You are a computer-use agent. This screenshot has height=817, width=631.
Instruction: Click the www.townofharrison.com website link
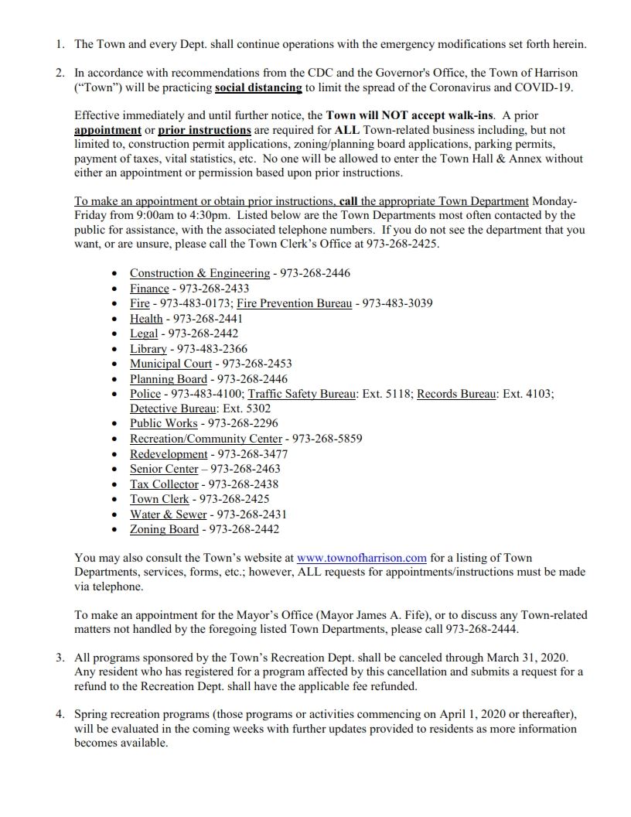tap(362, 557)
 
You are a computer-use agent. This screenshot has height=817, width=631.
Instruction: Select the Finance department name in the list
tap(149, 289)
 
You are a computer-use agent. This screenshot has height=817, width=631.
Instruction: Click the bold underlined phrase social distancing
tap(258, 87)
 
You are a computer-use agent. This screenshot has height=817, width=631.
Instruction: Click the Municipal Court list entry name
tap(171, 364)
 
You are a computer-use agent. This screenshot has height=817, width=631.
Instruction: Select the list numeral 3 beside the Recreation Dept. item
tap(60, 658)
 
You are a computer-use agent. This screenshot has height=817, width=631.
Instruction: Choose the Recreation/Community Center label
tap(206, 439)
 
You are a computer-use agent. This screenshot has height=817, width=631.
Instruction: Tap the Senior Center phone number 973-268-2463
tap(245, 469)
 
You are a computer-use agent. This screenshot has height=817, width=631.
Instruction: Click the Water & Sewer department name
tap(169, 514)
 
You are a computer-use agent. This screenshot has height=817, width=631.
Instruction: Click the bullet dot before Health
tap(115, 319)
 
